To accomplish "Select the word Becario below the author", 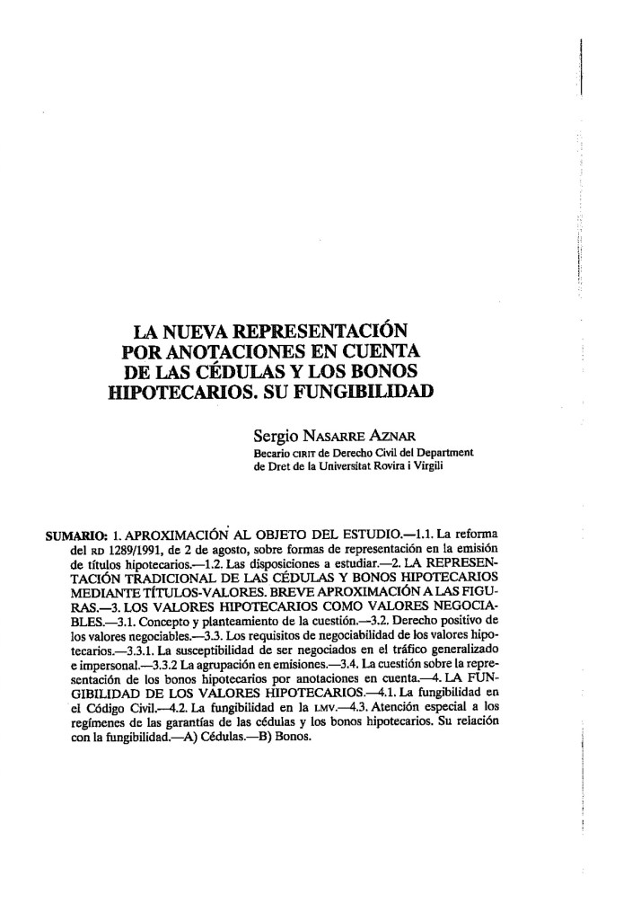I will coord(275,453).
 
